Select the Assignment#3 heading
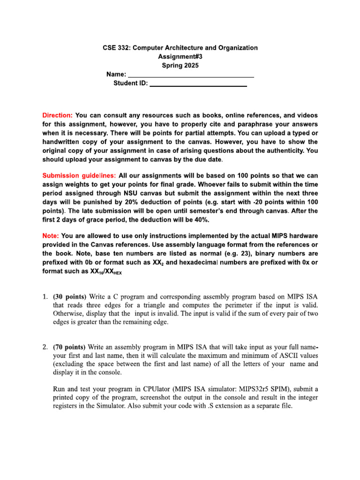point(180,57)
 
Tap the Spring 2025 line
point(180,66)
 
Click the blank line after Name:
point(191,75)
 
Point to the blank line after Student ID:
point(197,84)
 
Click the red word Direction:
point(58,115)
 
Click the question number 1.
point(45,297)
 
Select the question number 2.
point(45,347)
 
